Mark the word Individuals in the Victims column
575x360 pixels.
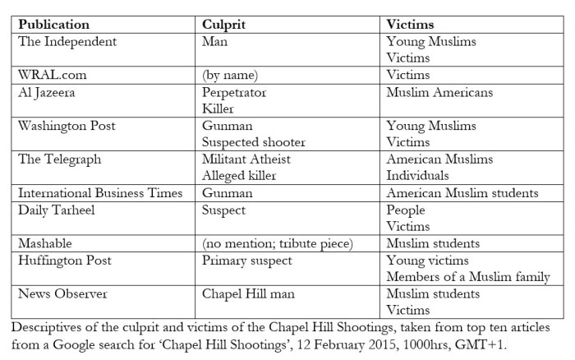418,175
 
